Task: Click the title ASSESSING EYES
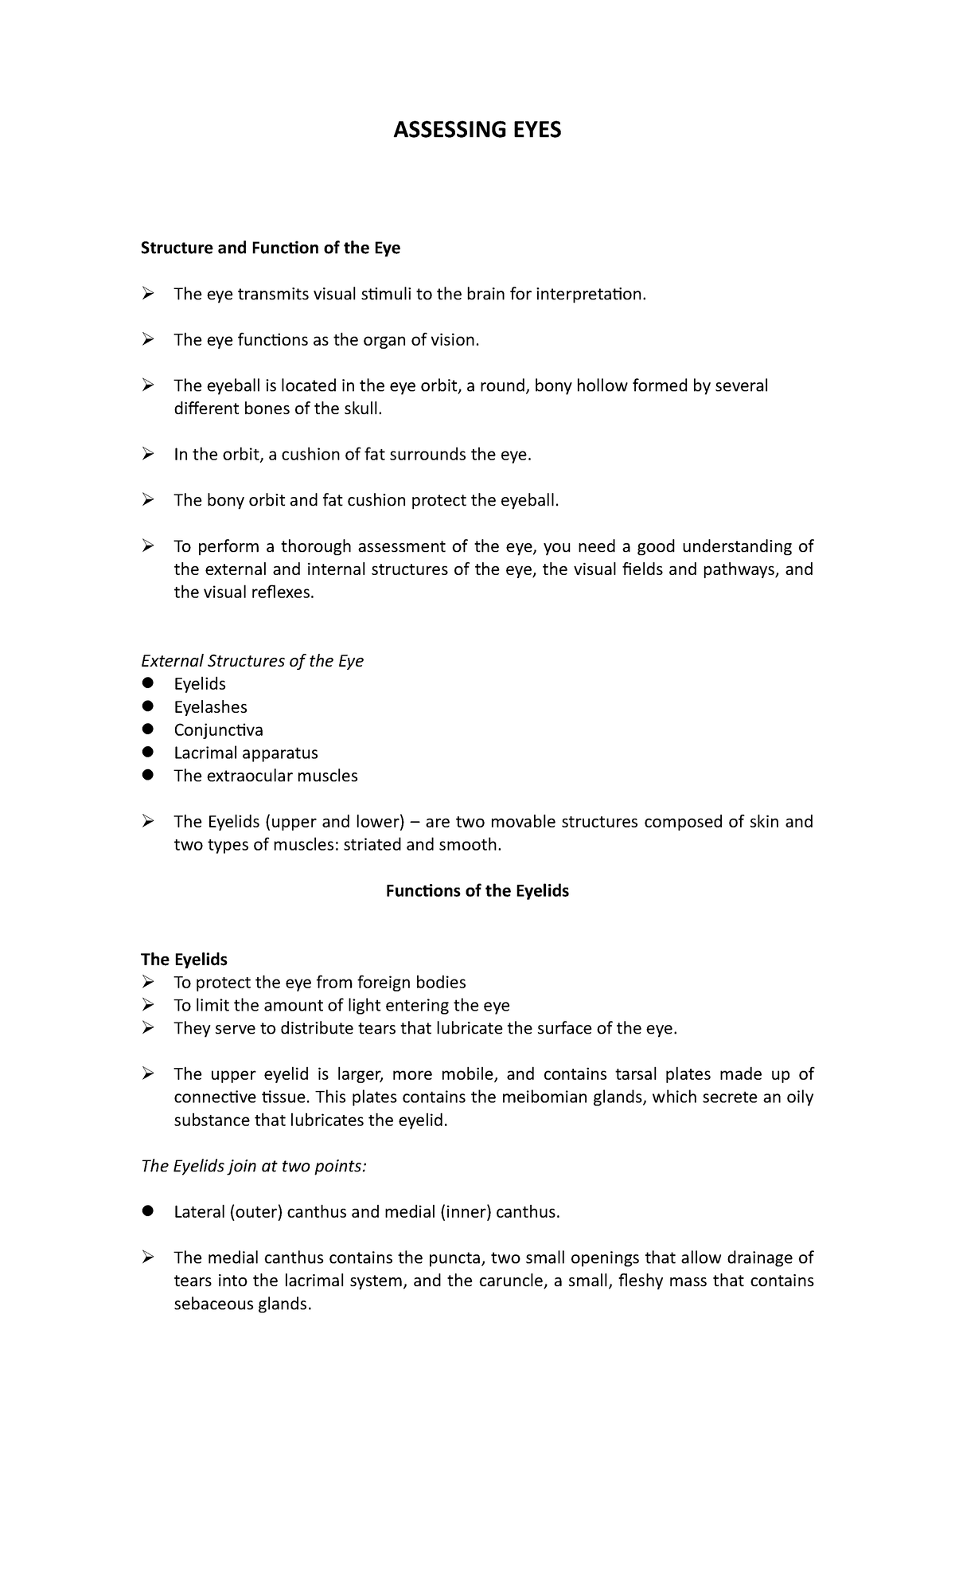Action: click(477, 130)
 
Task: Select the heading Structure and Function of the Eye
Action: click(270, 248)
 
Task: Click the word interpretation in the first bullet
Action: click(591, 295)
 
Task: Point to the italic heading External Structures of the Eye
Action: click(251, 661)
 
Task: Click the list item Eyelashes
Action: click(210, 707)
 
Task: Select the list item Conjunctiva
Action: click(218, 730)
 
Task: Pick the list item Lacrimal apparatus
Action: click(245, 753)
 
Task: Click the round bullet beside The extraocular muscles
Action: click(147, 776)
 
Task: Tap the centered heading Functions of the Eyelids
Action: click(477, 891)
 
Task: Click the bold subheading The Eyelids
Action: click(184, 960)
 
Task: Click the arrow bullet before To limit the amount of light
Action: click(147, 1006)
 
